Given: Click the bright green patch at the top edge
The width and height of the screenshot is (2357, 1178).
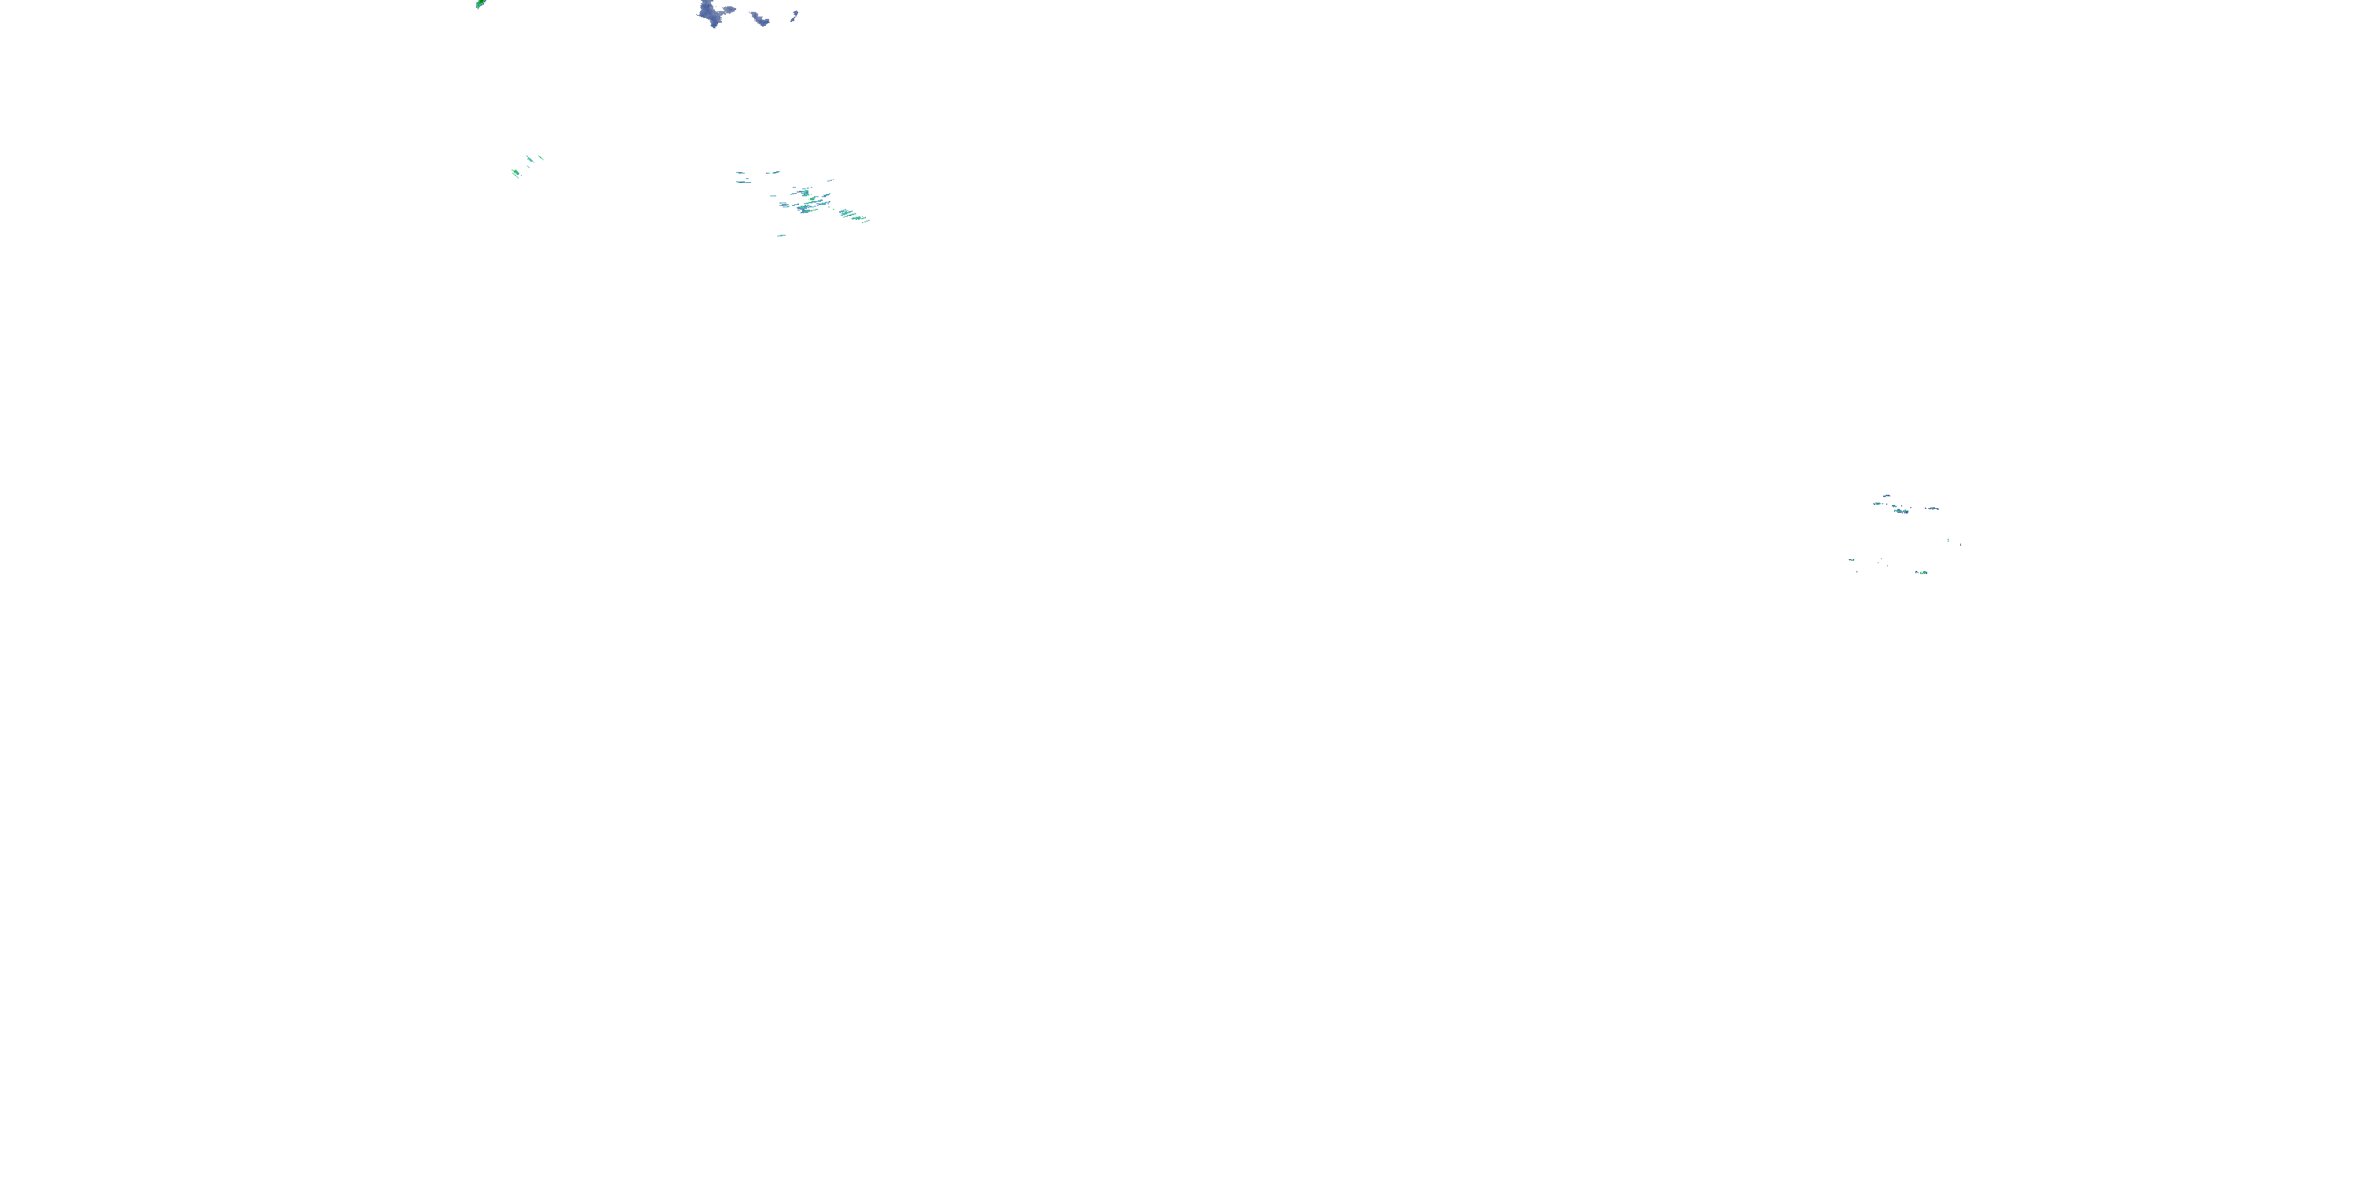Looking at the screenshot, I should click(480, 4).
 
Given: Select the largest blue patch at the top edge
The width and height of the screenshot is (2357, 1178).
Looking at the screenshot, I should click(710, 13).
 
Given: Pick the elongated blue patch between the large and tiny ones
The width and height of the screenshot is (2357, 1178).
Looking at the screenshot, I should click(758, 17).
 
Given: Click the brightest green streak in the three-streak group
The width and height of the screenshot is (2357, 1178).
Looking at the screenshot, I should click(516, 172).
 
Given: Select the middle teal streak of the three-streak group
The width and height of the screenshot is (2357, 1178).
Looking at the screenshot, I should click(529, 160).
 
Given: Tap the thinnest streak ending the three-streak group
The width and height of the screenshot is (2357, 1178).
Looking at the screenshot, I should click(541, 157).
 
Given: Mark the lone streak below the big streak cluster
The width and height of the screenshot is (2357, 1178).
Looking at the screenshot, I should click(780, 235).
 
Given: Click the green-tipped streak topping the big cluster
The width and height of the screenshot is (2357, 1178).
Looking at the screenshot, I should click(774, 171).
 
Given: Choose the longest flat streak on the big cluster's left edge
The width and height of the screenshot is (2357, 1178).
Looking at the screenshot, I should click(743, 180).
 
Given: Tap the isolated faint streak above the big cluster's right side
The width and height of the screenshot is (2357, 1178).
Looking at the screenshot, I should click(830, 179).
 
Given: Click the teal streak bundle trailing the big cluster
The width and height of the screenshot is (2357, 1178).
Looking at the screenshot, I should click(852, 216).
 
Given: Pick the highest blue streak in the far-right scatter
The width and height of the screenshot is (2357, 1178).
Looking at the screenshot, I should click(1886, 496).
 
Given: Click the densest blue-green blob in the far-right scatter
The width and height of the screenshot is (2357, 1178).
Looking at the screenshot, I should click(1901, 510).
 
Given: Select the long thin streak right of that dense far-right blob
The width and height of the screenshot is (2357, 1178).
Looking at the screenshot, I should click(1931, 509).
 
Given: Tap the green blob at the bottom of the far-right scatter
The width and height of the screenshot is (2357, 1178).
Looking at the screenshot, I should click(1922, 573).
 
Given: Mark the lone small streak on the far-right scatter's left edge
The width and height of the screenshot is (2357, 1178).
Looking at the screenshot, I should click(1851, 560).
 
